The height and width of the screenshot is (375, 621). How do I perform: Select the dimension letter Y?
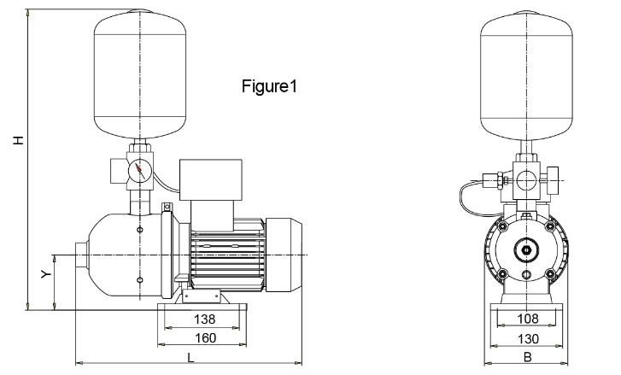pos(47,275)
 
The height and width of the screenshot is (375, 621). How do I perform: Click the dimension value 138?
pos(203,319)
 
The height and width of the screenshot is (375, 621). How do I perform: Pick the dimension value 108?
pos(528,319)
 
